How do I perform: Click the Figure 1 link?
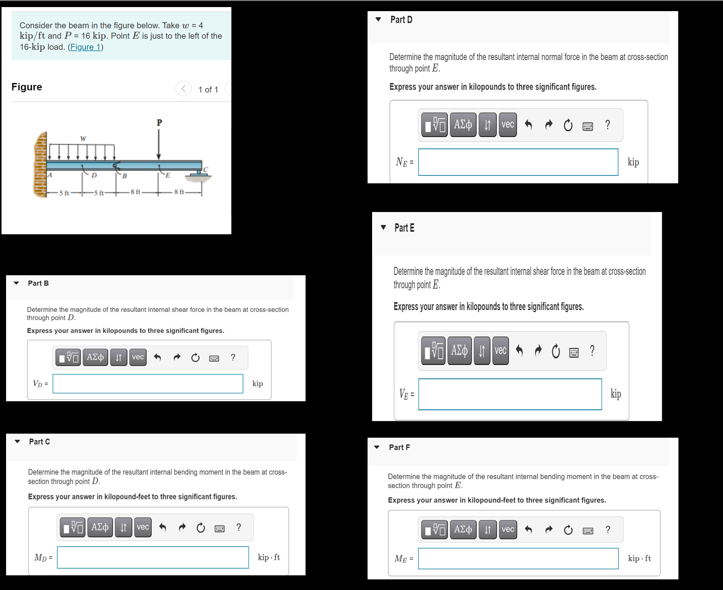pyautogui.click(x=86, y=47)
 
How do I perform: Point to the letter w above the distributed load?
pyautogui.click(x=83, y=138)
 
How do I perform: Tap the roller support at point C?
pyautogui.click(x=198, y=174)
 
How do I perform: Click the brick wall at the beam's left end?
pyautogui.click(x=40, y=164)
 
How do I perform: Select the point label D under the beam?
pyautogui.click(x=94, y=176)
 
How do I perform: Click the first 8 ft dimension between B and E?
pyautogui.click(x=136, y=192)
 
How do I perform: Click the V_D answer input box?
pyautogui.click(x=148, y=384)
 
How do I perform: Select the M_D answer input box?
pyautogui.click(x=153, y=557)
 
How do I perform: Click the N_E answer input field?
pyautogui.click(x=518, y=162)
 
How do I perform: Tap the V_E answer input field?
pyautogui.click(x=510, y=394)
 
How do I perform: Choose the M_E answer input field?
pyautogui.click(x=518, y=558)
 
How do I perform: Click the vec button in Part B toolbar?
pyautogui.click(x=138, y=357)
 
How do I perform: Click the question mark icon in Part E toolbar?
pyautogui.click(x=592, y=351)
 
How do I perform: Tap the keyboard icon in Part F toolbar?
pyautogui.click(x=588, y=530)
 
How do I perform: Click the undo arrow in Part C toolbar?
pyautogui.click(x=163, y=527)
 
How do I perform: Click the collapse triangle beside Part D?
pyautogui.click(x=378, y=20)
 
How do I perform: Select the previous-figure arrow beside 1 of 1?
pyautogui.click(x=183, y=89)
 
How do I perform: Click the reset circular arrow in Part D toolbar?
pyautogui.click(x=568, y=125)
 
